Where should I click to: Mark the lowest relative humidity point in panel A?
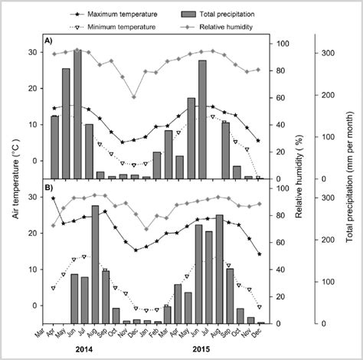(x=135, y=97)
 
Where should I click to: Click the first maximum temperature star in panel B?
(x=54, y=198)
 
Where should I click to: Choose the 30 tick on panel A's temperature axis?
(x=36, y=52)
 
